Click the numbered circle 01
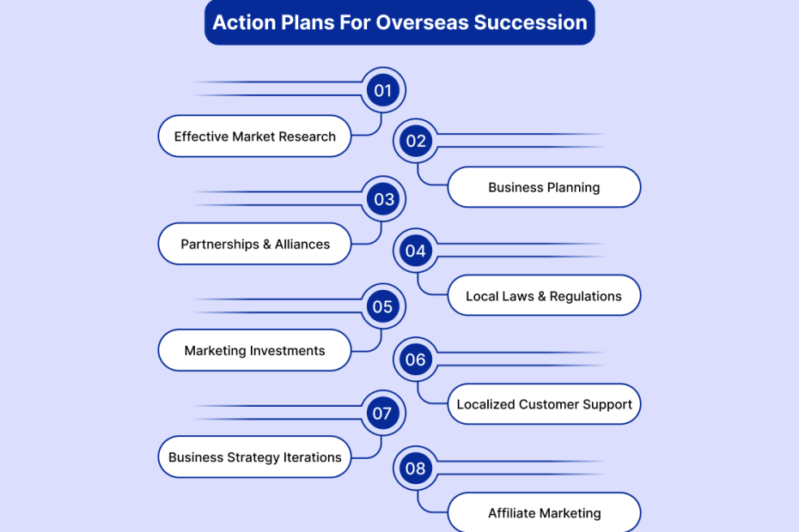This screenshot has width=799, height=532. [383, 90]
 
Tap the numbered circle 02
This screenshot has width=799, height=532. [416, 141]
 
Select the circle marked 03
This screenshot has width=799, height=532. [383, 199]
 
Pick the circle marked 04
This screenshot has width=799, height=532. [416, 251]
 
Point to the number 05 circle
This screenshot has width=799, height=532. [383, 306]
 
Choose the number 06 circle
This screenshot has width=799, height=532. [416, 360]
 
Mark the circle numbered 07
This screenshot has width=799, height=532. [383, 413]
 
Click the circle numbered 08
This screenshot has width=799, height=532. [416, 469]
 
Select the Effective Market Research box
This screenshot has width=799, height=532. [255, 136]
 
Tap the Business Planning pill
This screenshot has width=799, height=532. [544, 187]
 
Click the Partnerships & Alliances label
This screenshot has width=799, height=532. [255, 244]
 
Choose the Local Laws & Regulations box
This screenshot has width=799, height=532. [544, 296]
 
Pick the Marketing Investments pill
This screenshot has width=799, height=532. [255, 350]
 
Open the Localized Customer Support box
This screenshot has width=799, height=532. [544, 404]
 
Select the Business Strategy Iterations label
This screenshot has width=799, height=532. [255, 456]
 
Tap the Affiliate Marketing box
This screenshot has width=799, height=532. [544, 512]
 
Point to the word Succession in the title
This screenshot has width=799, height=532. [530, 22]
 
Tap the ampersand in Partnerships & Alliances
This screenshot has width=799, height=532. [267, 245]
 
